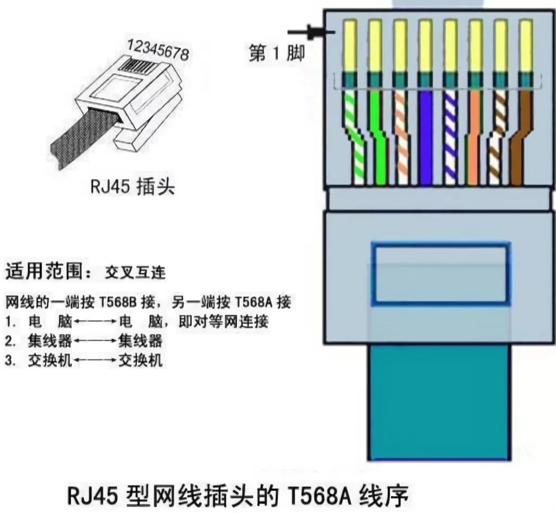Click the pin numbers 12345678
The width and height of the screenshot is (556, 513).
click(x=159, y=49)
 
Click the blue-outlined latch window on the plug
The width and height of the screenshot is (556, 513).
click(x=440, y=273)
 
